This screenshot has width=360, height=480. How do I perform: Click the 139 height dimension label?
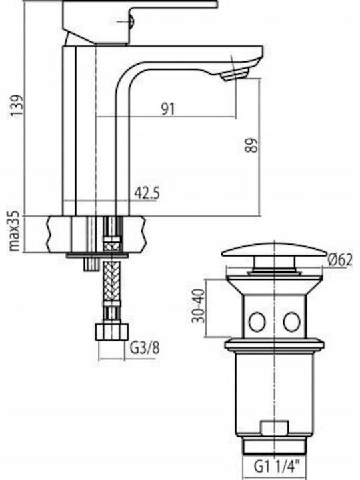17,105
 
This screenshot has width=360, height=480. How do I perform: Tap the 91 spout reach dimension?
168,109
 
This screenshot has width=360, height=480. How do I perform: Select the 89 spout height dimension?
252,145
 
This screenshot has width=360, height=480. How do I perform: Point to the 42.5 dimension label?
147,193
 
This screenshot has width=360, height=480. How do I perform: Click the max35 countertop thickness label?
15,231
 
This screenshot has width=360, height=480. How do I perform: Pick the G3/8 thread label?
145,348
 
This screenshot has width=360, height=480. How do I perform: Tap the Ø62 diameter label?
340,260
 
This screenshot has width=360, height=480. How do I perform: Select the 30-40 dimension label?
199,306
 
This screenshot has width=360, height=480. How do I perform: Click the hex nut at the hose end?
112,331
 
